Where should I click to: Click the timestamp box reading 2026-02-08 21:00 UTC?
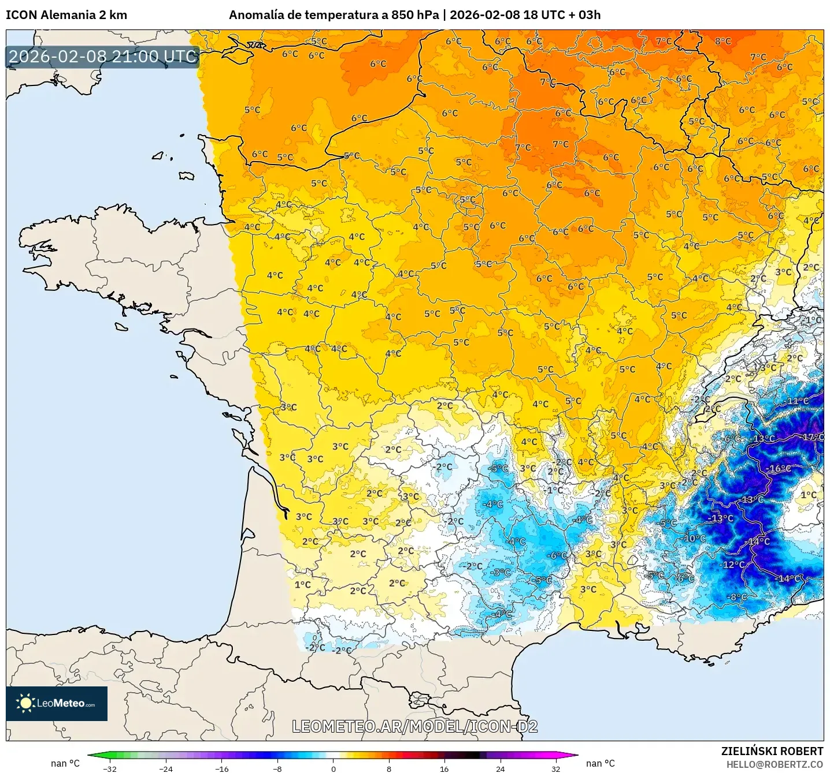103,57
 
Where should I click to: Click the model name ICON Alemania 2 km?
66,15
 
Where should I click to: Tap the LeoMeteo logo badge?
57,703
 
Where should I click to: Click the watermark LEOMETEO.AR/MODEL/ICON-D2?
414,726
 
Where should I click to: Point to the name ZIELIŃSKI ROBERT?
772,751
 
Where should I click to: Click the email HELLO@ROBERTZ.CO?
775,764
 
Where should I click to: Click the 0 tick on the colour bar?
333,768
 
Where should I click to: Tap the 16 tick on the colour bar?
444,768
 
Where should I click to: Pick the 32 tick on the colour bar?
555,768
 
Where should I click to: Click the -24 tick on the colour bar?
165,768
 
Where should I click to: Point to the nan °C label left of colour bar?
65,763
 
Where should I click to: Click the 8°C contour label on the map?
722,41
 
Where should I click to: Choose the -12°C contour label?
732,564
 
